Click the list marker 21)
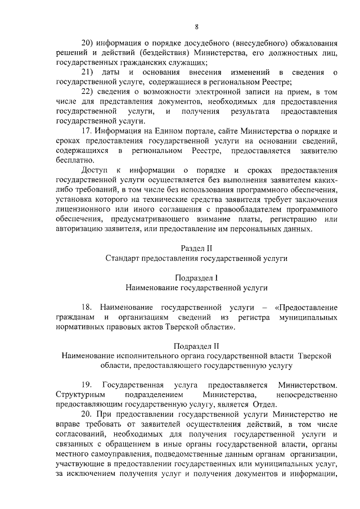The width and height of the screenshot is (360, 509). [91, 73]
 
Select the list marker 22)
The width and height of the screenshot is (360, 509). [91, 92]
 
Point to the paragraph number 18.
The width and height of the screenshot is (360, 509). [87, 307]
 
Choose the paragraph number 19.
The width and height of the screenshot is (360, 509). [87, 385]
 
